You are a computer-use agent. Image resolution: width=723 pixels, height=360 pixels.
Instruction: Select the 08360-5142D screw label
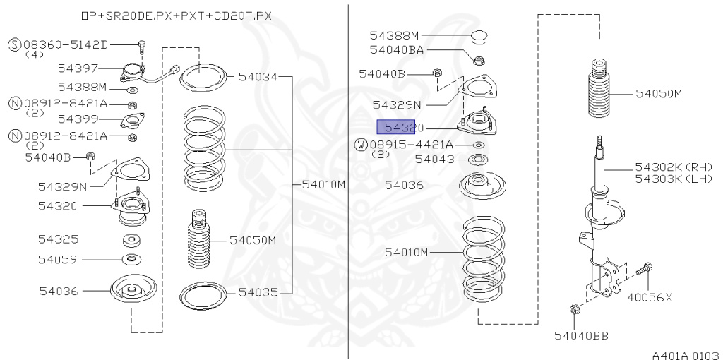point(68,45)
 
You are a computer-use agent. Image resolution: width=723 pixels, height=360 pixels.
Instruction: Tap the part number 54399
point(78,119)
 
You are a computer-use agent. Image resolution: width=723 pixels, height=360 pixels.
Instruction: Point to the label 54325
point(59,239)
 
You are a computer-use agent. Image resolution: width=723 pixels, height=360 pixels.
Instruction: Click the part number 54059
point(59,259)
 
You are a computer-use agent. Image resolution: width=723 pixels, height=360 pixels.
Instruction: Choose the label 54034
point(258,76)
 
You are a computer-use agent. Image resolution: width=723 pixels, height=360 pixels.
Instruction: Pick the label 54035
point(258,291)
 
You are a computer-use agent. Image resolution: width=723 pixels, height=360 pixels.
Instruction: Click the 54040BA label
point(397,50)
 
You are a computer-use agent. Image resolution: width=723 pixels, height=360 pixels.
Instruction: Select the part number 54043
point(435,160)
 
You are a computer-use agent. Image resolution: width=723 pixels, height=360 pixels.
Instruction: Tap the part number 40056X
point(650,297)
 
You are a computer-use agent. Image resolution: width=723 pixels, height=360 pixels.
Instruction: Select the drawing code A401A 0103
point(685,353)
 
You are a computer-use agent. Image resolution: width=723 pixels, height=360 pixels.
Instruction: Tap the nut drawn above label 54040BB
point(573,308)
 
